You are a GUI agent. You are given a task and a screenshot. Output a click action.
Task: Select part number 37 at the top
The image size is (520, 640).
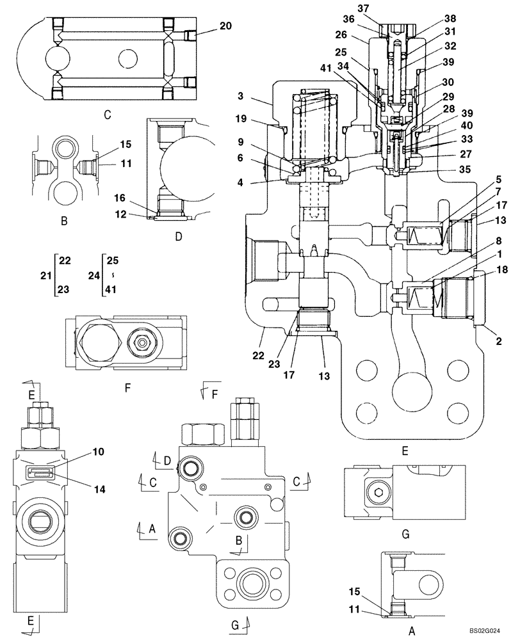coord(381,8)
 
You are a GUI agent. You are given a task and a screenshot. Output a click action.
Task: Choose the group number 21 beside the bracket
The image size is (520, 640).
coord(45,275)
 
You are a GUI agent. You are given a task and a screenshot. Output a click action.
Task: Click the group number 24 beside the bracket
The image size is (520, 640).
coord(92,275)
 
